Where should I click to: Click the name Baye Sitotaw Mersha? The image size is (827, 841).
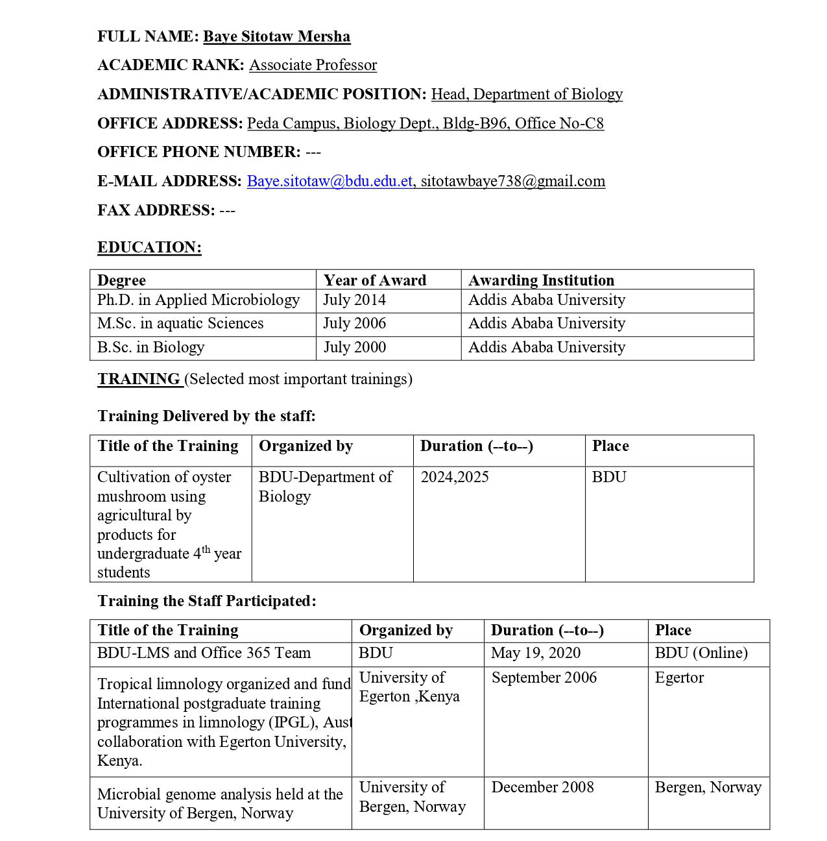tap(276, 36)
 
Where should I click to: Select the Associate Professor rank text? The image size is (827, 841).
tap(313, 65)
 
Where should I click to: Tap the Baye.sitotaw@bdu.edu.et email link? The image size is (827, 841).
tap(330, 181)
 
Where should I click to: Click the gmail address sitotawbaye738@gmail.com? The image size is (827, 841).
tap(512, 181)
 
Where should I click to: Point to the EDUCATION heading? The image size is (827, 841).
tap(149, 247)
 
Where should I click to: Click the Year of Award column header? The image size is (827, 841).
tap(375, 280)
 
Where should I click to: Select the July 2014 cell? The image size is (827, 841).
tap(355, 300)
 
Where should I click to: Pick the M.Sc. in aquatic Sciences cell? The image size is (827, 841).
tap(180, 323)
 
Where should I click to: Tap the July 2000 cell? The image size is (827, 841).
tap(355, 347)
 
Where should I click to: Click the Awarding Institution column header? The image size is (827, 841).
tap(541, 280)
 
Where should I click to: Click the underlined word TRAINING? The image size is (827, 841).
tap(139, 379)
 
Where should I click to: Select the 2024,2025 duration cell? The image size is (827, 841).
tap(455, 477)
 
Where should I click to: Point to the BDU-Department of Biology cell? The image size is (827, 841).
tap(325, 486)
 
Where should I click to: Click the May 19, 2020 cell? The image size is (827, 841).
tap(536, 653)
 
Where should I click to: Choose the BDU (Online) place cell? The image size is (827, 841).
tap(701, 653)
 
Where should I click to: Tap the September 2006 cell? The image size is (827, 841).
tap(544, 677)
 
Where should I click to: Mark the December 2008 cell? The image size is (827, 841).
tap(542, 787)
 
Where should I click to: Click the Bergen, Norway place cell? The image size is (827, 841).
tap(708, 787)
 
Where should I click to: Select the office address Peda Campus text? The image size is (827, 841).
tap(425, 123)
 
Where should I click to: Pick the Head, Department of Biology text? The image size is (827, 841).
tap(527, 94)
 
